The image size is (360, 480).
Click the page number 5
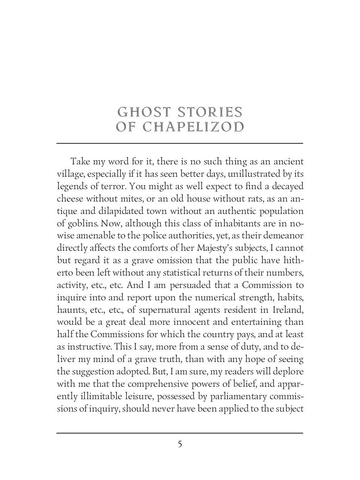[x=180, y=444]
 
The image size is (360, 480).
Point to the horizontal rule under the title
[x=180, y=143]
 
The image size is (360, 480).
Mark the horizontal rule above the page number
[x=180, y=433]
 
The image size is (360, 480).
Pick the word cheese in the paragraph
[x=69, y=199]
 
